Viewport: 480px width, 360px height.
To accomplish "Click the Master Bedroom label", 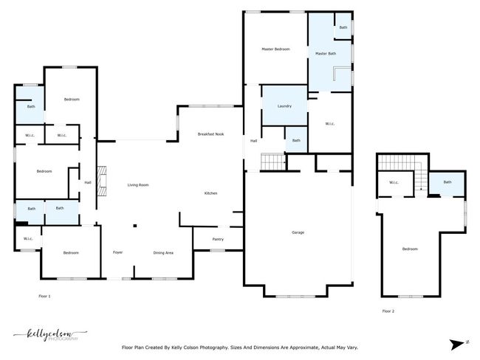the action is coord(275,49).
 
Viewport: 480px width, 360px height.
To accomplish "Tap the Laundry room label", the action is coord(284,106).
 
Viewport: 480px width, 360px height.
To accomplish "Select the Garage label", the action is coord(298,232).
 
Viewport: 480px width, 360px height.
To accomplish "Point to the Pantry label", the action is coord(218,239).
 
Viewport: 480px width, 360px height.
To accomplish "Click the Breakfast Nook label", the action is coord(210,134).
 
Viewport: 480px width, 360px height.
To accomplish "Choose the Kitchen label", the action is coord(210,193).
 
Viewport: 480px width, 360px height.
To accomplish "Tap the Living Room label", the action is coord(138,185).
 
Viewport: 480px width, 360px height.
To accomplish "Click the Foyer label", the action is coord(118,252).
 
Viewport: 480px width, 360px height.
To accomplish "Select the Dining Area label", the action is coord(163,253).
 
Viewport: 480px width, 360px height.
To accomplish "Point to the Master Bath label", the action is coord(326,54).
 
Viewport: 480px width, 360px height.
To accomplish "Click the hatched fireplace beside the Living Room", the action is coord(102,181).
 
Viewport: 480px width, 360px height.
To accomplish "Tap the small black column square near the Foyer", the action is coord(134,226).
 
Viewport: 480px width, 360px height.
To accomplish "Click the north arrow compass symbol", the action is coord(458,345).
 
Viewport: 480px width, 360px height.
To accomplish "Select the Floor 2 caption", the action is coord(388,311).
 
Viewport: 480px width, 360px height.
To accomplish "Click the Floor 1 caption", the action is coord(45,296).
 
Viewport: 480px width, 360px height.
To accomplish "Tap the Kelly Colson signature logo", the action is coord(50,335).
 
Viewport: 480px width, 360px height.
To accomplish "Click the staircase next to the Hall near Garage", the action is coord(273,162).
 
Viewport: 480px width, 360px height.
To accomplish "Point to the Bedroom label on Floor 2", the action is coord(410,249).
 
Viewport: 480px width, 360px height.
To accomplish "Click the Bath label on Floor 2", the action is coord(448,182).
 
